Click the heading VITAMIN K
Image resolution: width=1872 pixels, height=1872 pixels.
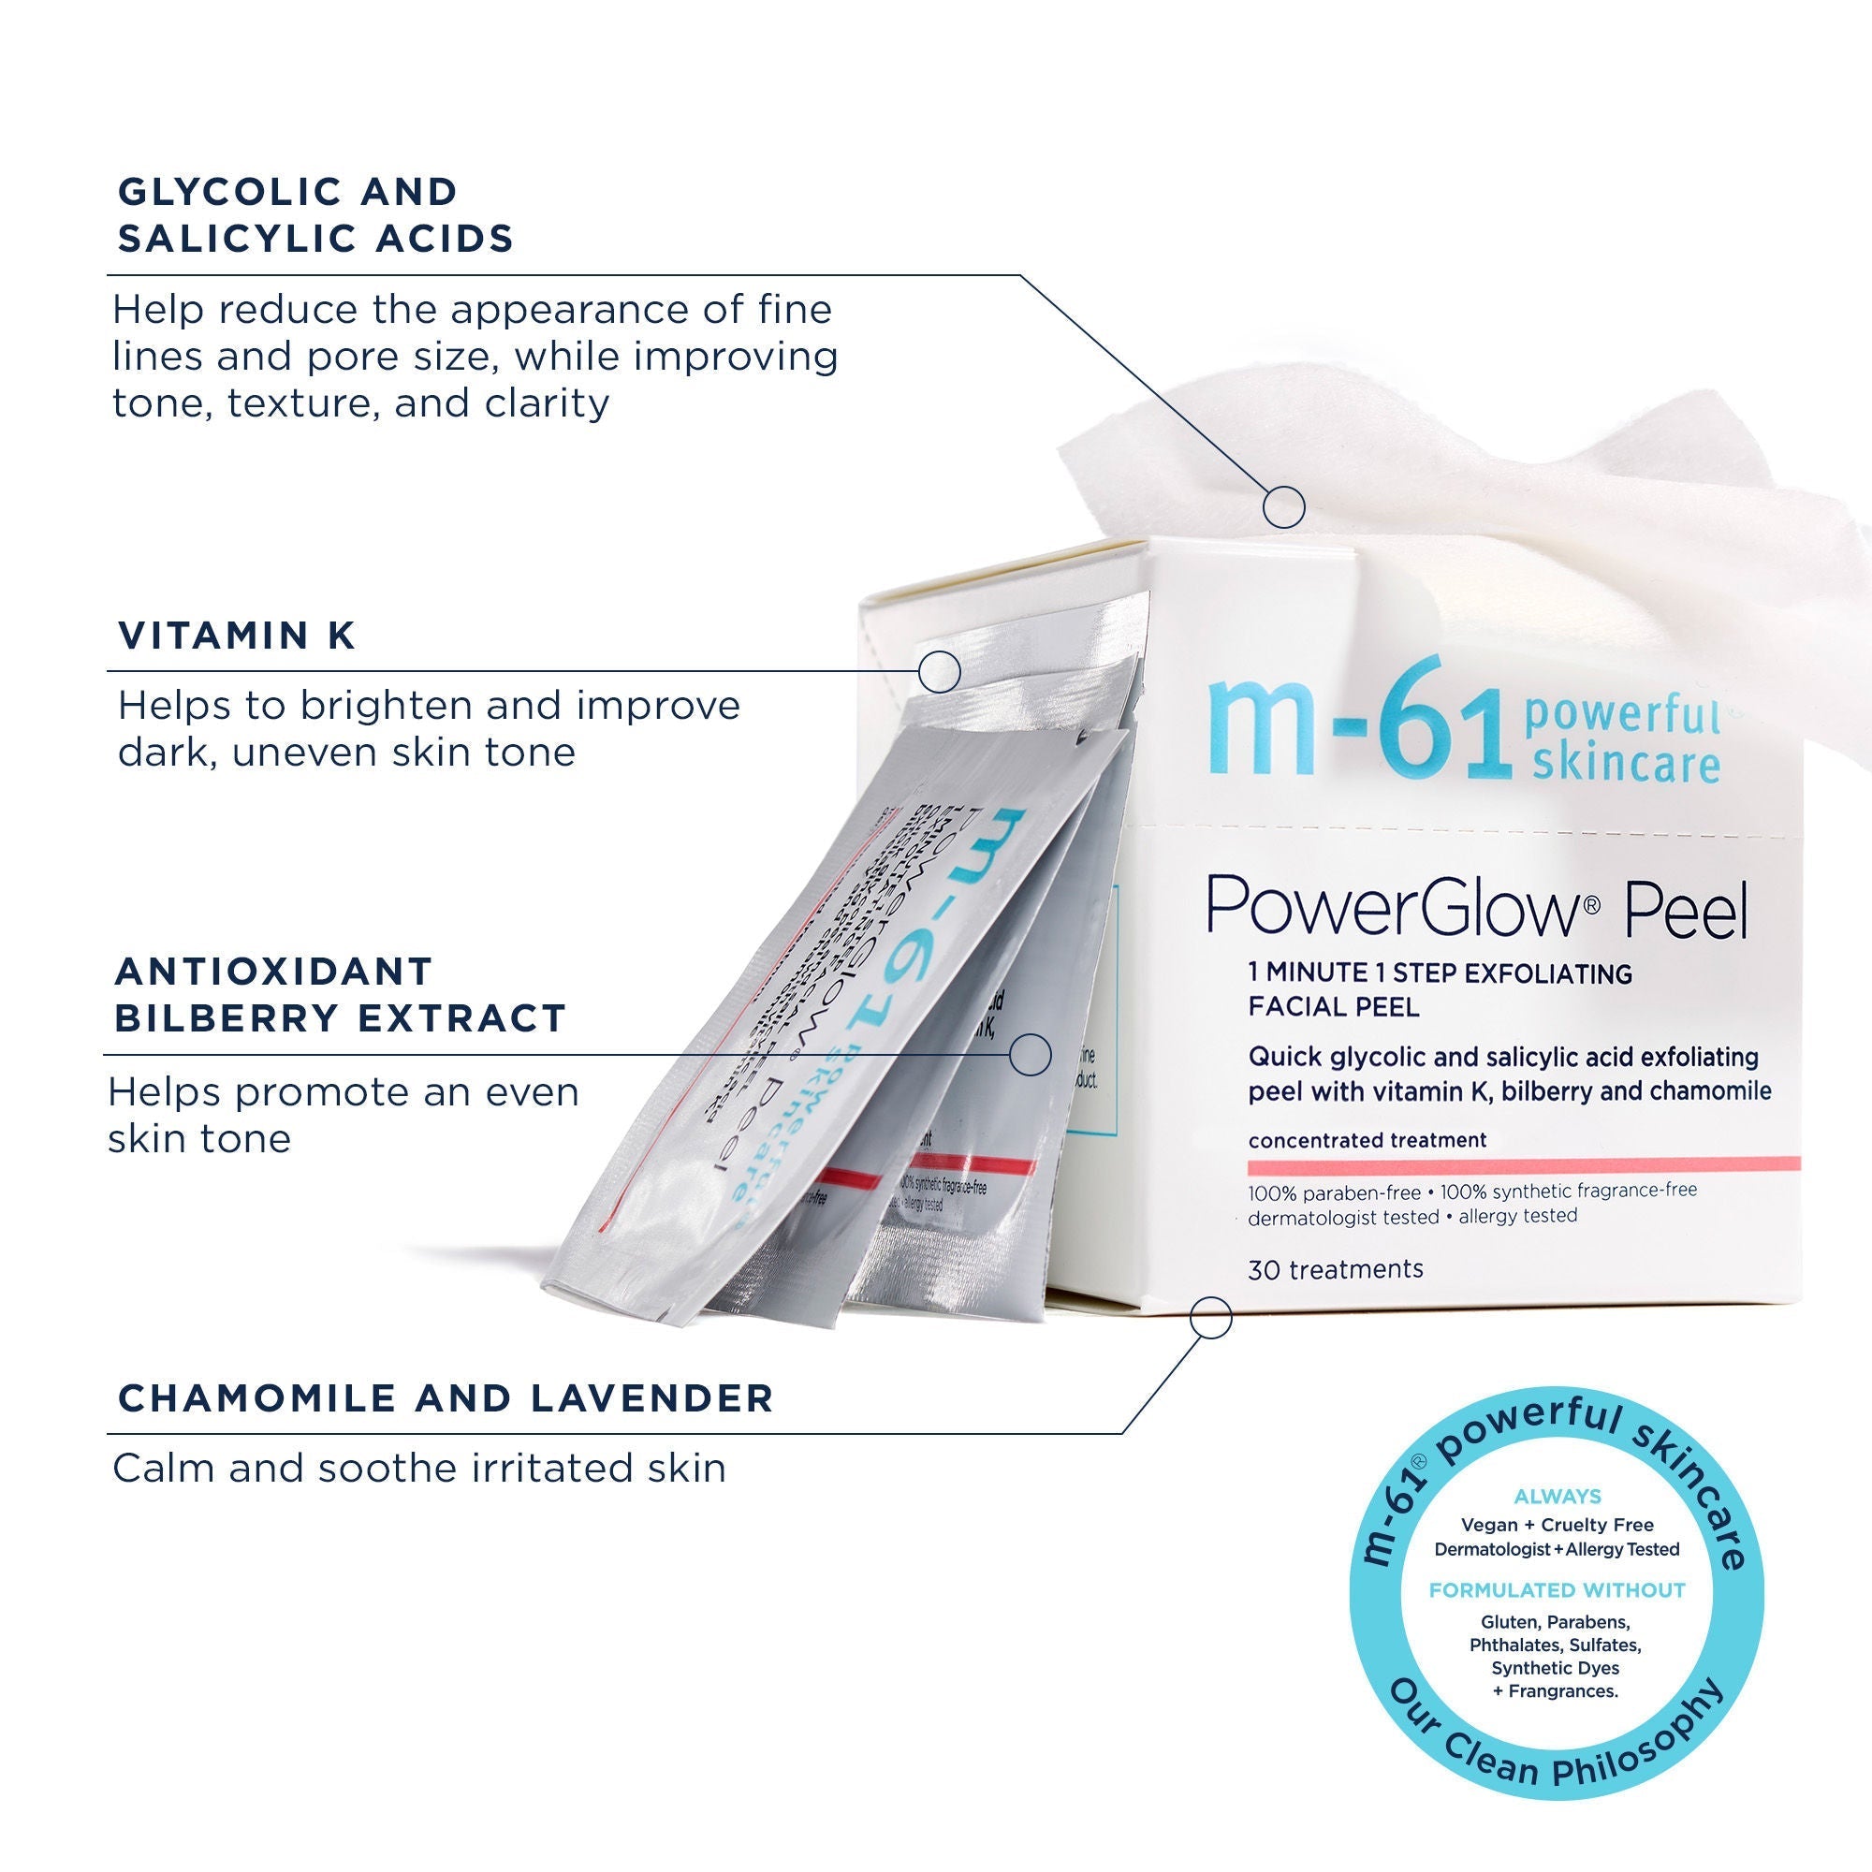coord(237,636)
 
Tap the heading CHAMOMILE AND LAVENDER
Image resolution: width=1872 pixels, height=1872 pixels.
coord(446,1398)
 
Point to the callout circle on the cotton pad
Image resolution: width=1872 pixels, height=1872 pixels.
coord(1284,506)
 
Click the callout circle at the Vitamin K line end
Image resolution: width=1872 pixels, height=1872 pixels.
coord(939,670)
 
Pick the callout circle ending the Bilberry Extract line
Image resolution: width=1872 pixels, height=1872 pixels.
coord(1030,1054)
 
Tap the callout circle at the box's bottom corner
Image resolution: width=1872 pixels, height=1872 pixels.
coord(1210,1318)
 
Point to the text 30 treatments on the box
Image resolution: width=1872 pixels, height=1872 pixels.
coord(1336,1270)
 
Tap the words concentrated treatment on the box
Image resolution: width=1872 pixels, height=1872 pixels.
coord(1367,1140)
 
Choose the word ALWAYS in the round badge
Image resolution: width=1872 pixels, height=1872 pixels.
coord(1558,1497)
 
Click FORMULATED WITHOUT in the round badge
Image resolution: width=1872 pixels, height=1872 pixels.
coord(1558,1590)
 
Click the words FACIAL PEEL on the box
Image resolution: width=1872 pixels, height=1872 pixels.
coord(1333,1008)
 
